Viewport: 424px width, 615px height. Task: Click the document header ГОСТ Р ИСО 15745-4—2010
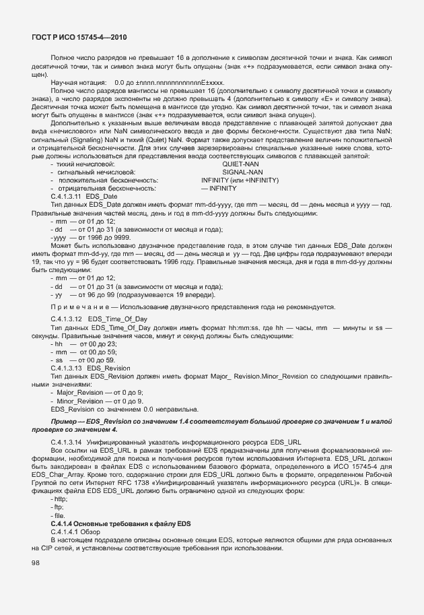79,39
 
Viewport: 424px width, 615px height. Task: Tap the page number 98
35,562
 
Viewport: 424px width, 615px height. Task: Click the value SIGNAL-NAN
242,172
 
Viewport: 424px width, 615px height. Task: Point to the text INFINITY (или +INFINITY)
240,181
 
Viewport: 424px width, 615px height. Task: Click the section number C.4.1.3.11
66,197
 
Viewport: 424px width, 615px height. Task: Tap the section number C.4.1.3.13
66,368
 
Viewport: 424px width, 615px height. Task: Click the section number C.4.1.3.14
66,441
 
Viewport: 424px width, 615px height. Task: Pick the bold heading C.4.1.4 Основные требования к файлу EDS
113,523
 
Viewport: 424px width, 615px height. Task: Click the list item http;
60,498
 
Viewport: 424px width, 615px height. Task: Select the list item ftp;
58,507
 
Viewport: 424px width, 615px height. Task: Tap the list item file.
59,515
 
